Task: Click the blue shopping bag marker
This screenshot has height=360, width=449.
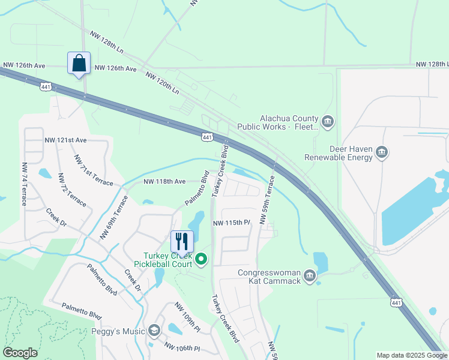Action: [x=79, y=63]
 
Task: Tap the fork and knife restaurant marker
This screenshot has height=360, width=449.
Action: [x=182, y=241]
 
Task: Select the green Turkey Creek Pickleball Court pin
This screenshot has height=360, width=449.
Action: [x=201, y=260]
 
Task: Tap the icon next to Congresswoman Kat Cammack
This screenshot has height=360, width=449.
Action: [x=309, y=276]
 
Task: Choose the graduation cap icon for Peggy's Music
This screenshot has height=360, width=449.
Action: [x=154, y=331]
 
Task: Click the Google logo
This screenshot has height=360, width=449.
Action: [x=20, y=352]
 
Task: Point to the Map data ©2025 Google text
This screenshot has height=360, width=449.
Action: [x=412, y=355]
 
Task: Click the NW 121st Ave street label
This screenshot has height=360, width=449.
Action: [x=65, y=140]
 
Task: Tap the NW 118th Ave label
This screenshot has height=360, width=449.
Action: [x=164, y=181]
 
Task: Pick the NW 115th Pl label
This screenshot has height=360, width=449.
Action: [x=231, y=223]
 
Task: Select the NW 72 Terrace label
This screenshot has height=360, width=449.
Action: [x=72, y=189]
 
